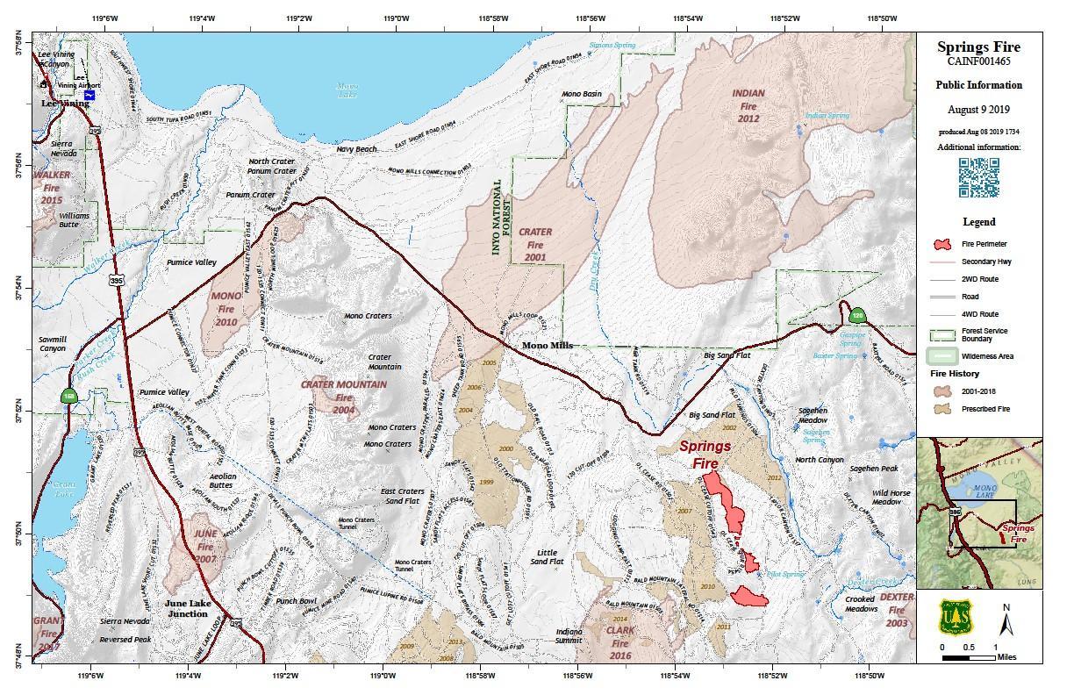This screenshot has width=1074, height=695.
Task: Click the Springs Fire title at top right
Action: tap(978, 47)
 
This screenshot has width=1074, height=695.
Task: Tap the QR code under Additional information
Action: tap(978, 177)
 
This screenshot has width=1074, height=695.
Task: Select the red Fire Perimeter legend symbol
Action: tap(943, 244)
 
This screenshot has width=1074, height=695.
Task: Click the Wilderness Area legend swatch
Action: tap(943, 356)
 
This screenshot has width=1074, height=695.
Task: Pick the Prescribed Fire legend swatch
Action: tap(943, 409)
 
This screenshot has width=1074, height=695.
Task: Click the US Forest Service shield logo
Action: tap(954, 618)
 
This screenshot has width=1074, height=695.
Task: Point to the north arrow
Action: tap(1006, 620)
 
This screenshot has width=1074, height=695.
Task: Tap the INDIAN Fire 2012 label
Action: tap(748, 105)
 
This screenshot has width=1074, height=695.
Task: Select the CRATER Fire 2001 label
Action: tap(535, 245)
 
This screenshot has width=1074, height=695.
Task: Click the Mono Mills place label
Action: tap(548, 346)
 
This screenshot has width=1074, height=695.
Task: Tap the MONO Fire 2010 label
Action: tap(226, 309)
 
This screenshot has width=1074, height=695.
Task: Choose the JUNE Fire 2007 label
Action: tap(205, 546)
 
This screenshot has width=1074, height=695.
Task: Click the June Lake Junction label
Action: tap(188, 608)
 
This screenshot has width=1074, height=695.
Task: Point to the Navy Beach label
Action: tap(357, 150)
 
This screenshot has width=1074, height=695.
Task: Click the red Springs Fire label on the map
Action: tap(705, 453)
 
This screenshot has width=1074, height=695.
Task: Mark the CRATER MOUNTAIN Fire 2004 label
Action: tap(343, 398)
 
